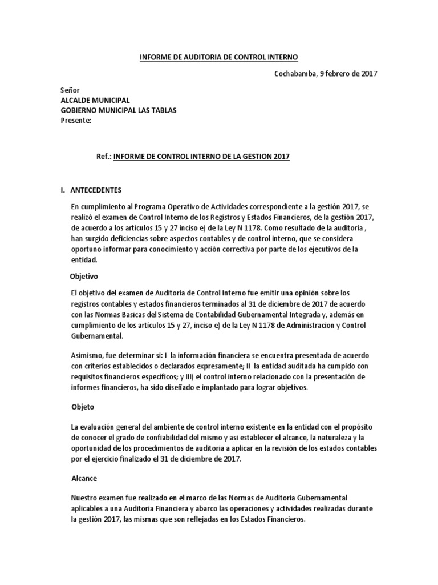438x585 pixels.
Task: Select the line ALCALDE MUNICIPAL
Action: click(95, 101)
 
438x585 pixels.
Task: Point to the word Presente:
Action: click(75, 120)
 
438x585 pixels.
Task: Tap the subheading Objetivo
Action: click(84, 276)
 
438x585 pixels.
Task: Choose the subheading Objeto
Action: click(82, 408)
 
